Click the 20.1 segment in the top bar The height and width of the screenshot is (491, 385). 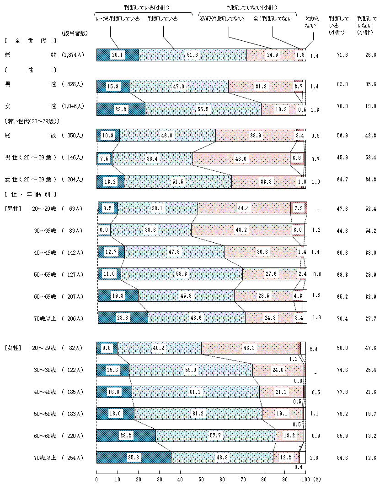pyautogui.click(x=118, y=55)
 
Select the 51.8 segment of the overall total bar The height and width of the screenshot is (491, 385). pyautogui.click(x=192, y=55)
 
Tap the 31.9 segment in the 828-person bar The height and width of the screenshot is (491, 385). pyautogui.click(x=261, y=86)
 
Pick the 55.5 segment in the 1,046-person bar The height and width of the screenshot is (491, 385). pyautogui.click(x=203, y=109)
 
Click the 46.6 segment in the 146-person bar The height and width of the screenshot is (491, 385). pyautogui.click(x=241, y=158)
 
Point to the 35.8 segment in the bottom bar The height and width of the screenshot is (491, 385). pyautogui.click(x=134, y=458)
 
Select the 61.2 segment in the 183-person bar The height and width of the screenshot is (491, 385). pyautogui.click(x=198, y=414)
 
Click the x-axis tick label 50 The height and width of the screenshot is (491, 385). pyautogui.click(x=201, y=479)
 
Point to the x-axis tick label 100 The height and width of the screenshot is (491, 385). pyautogui.click(x=305, y=479)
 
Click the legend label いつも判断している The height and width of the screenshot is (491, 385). pyautogui.click(x=117, y=19)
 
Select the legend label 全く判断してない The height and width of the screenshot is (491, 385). pyautogui.click(x=273, y=19)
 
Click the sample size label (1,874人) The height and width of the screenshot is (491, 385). pyautogui.click(x=73, y=55)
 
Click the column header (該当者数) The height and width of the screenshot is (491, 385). pyautogui.click(x=75, y=33)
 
